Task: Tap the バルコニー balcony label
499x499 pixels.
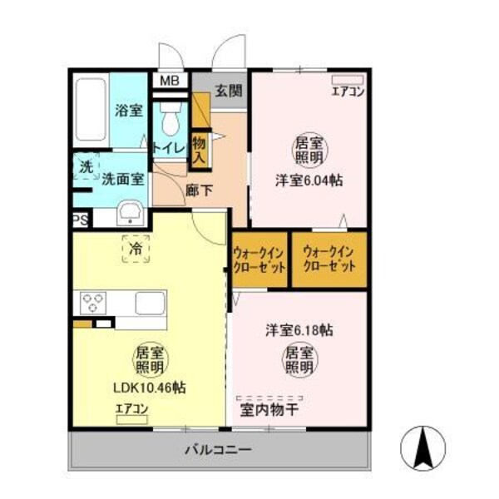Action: [218, 450]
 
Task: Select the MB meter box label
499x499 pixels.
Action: [169, 81]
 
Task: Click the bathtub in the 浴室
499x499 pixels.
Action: [91, 111]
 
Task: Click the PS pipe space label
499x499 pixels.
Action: [80, 220]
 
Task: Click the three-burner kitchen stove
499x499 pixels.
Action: [93, 302]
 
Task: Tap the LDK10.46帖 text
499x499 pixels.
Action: [150, 388]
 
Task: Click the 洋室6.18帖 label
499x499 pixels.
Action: [299, 330]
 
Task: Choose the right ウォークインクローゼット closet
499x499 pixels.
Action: [329, 259]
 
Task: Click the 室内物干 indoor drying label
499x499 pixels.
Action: [271, 410]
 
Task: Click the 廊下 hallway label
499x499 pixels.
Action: [200, 190]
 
